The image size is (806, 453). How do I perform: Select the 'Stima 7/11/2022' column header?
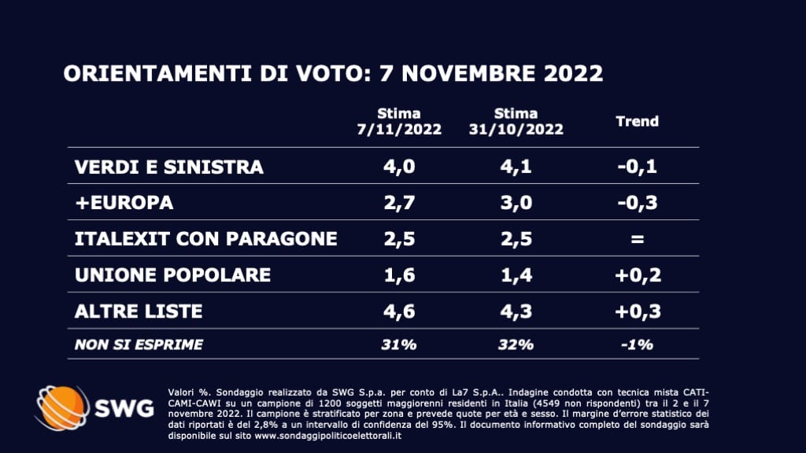398,121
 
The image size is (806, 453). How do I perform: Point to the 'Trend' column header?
637,121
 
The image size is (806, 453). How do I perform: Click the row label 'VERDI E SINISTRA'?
168,168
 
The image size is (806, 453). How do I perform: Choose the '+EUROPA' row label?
124,203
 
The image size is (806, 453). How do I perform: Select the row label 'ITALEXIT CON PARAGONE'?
205,238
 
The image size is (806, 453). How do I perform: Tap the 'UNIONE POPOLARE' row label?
172,274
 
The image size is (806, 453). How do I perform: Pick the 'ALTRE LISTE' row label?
139,311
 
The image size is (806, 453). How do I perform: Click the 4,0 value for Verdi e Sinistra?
398,168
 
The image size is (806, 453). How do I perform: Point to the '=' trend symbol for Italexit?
637,239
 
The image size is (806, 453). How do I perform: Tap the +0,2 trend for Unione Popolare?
637,274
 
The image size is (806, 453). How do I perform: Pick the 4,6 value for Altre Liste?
398,311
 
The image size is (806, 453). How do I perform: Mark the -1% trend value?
637,344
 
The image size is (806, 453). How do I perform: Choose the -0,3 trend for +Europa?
637,203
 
